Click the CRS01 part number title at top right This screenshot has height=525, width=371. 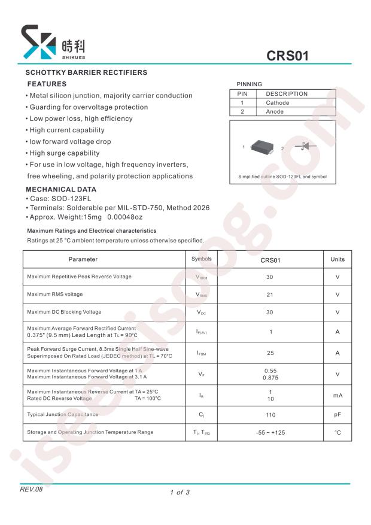point(287,56)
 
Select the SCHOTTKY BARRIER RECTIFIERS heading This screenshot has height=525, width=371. point(86,72)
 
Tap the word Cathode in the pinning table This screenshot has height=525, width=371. point(277,103)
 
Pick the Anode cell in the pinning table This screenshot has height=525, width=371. point(275,111)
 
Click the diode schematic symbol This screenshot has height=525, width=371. point(306,147)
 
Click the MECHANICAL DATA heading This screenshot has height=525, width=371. point(62,189)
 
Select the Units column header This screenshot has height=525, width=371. point(337,259)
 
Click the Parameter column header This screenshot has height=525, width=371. point(83,259)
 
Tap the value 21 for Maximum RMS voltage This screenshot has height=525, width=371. point(270,295)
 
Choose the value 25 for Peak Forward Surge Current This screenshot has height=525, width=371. point(270,353)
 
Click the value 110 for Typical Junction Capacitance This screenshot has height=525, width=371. point(270,414)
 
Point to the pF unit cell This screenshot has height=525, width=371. point(337,414)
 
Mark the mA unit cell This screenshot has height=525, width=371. point(337,395)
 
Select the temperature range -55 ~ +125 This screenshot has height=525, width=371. point(270,432)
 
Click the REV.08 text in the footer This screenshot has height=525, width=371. point(32,489)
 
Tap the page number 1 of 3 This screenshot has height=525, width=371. point(180,492)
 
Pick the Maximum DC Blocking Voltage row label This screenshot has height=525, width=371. point(65,312)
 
